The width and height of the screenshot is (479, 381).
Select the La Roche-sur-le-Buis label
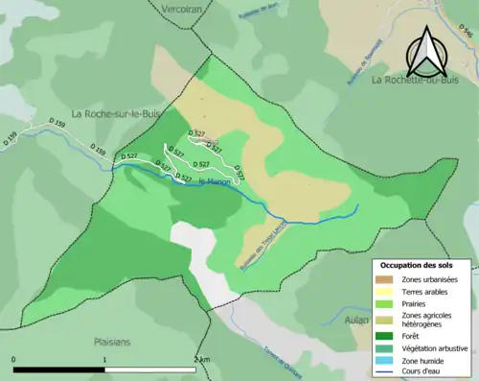coord(115,112)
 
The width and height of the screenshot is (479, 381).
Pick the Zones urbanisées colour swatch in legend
coord(387,278)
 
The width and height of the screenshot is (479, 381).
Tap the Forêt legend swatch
coord(387,336)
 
